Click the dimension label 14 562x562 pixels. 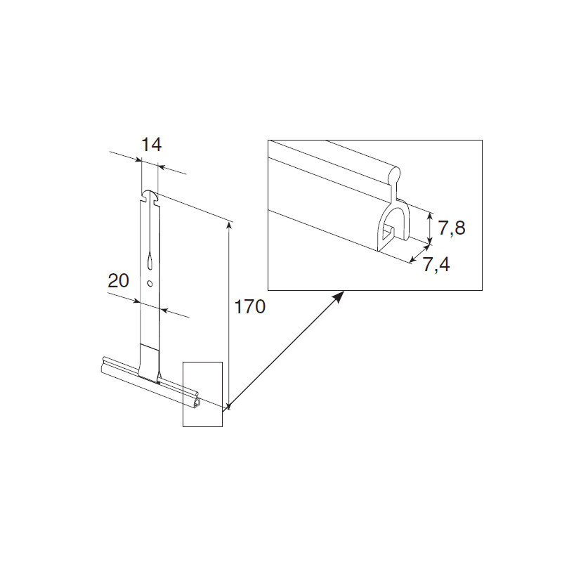152,145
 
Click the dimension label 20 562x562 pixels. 118,280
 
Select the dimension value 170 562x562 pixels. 249,307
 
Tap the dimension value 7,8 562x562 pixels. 452,228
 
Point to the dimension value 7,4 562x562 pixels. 436,265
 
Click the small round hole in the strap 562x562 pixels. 150,284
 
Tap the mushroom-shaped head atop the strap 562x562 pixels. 150,196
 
